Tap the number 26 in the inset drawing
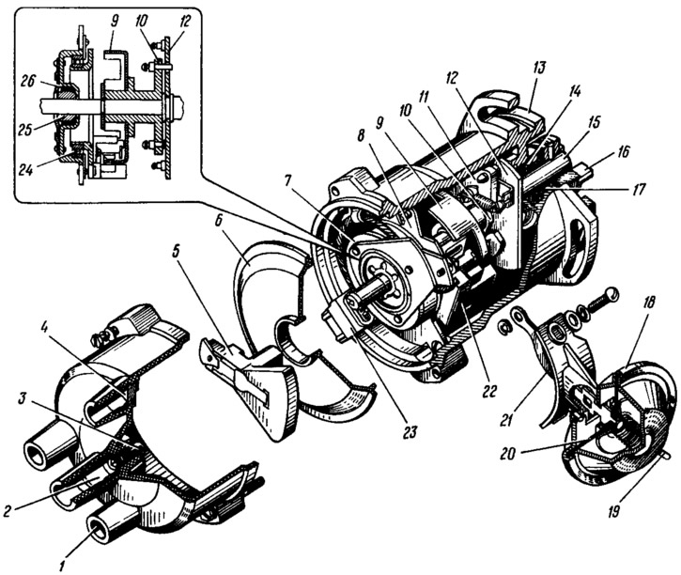(29, 82)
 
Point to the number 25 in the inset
(26, 130)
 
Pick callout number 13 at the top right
(539, 69)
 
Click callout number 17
(637, 189)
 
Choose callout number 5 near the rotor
(176, 254)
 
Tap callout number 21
(504, 420)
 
